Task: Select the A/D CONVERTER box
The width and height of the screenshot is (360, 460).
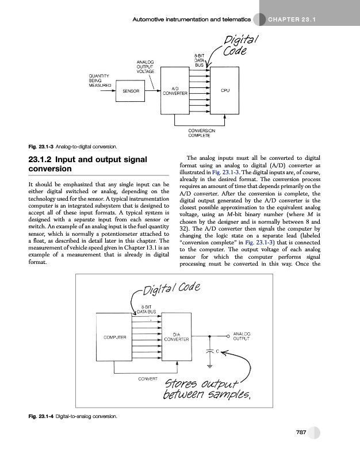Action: (174, 91)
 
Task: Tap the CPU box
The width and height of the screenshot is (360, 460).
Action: (225, 91)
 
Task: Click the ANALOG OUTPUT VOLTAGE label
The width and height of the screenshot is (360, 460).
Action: (145, 66)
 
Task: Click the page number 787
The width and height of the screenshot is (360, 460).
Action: (304, 433)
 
